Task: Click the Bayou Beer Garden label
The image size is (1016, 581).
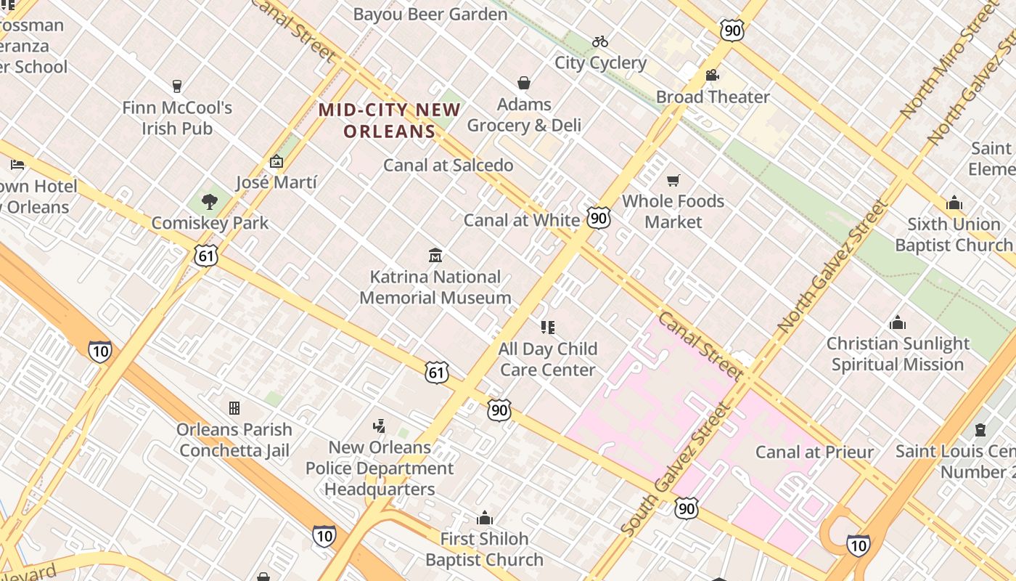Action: (x=430, y=15)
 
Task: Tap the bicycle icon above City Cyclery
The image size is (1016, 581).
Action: (x=600, y=41)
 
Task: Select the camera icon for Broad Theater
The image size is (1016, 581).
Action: (x=712, y=76)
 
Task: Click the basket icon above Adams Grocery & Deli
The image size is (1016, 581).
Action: (x=524, y=83)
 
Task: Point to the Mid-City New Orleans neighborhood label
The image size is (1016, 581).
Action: (x=390, y=121)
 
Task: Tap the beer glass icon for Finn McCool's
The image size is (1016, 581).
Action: (x=176, y=86)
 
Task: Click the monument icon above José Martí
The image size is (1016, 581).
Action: (x=276, y=161)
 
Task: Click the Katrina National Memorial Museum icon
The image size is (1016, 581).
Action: (x=435, y=255)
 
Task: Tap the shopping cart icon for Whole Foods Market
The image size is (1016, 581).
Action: (x=673, y=180)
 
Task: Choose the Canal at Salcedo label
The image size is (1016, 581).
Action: (x=448, y=165)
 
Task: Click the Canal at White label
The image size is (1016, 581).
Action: (x=521, y=220)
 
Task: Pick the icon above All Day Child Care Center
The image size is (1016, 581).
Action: (x=548, y=328)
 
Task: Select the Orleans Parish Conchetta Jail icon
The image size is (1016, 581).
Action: (x=234, y=408)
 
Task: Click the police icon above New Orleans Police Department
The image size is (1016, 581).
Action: (x=379, y=426)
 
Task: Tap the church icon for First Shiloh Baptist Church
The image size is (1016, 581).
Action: (x=484, y=518)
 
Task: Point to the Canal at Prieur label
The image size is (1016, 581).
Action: (x=814, y=452)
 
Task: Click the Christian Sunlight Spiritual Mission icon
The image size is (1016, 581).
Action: (x=898, y=322)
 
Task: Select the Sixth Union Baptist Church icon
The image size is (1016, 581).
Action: (x=954, y=203)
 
